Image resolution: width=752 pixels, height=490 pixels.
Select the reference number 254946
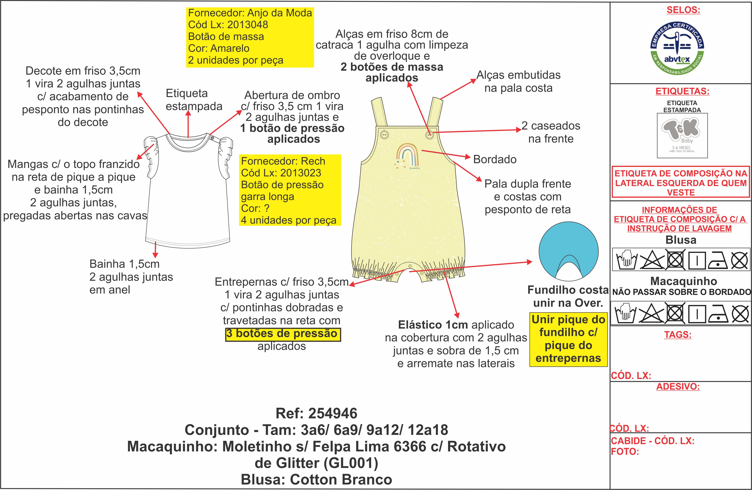(332, 413)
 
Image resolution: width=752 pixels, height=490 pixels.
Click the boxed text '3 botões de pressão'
(283, 334)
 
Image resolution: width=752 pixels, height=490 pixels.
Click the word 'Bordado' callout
(495, 159)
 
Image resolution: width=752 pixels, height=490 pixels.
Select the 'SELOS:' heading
(683, 10)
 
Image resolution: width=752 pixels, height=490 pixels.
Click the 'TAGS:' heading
(678, 334)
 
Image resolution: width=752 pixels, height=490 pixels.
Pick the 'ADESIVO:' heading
(678, 386)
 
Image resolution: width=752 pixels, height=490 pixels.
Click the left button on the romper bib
(384, 135)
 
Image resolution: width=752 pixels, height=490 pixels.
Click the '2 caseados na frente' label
(551, 132)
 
